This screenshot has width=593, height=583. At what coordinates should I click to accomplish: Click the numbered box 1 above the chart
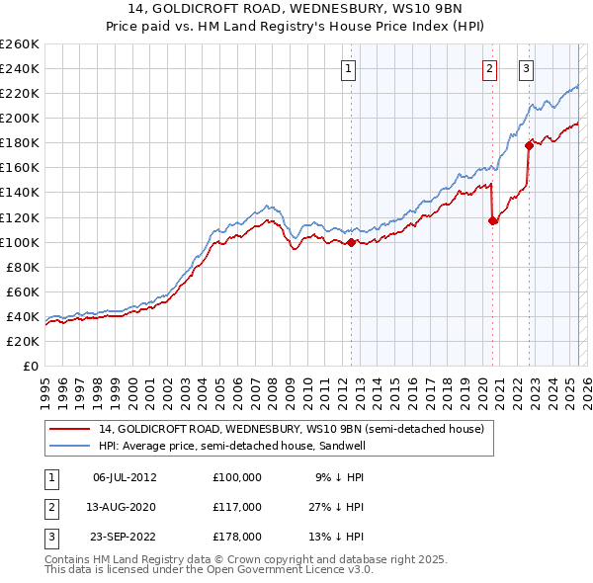pyautogui.click(x=351, y=68)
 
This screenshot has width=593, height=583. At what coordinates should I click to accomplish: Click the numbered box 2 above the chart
pyautogui.click(x=489, y=68)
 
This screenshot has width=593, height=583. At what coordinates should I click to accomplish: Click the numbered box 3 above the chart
pyautogui.click(x=526, y=68)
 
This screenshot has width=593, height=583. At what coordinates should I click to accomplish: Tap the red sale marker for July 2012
pyautogui.click(x=351, y=242)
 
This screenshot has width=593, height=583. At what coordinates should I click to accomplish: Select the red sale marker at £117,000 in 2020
pyautogui.click(x=492, y=220)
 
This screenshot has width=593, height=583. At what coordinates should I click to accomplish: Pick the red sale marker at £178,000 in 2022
pyautogui.click(x=529, y=145)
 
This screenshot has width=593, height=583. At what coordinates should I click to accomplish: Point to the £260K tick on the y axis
pyautogui.click(x=20, y=44)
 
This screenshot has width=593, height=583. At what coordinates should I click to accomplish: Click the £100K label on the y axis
pyautogui.click(x=20, y=242)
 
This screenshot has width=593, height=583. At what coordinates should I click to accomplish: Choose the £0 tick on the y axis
pyautogui.click(x=30, y=366)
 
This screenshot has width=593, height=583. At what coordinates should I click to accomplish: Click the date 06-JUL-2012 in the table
pyautogui.click(x=125, y=476)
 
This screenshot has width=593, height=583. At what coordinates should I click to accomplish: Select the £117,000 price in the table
pyautogui.click(x=236, y=507)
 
